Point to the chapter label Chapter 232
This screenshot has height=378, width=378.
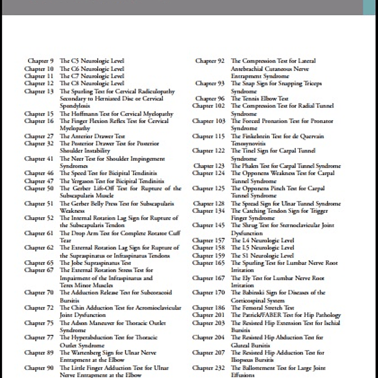coord(209,369)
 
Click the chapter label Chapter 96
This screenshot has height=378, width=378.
coord(210,98)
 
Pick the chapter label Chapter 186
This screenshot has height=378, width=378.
coord(209,308)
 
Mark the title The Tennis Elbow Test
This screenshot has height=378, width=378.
coord(260,98)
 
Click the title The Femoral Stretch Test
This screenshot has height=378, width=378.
coord(262,308)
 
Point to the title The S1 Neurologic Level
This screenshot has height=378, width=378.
coord(262,256)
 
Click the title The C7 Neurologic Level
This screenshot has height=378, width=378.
coord(92,76)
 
